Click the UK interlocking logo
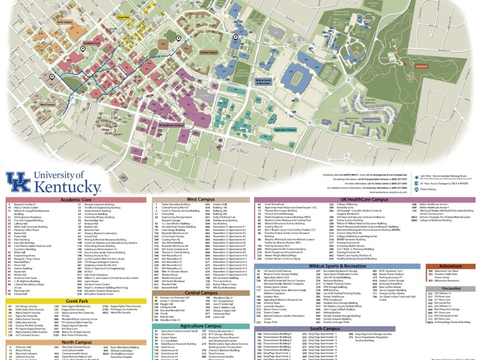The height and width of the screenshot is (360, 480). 17,182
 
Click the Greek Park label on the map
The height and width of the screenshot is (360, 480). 123,17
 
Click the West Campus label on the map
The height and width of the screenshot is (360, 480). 47,104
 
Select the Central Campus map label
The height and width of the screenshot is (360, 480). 209,52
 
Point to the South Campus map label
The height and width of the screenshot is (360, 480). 371,120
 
